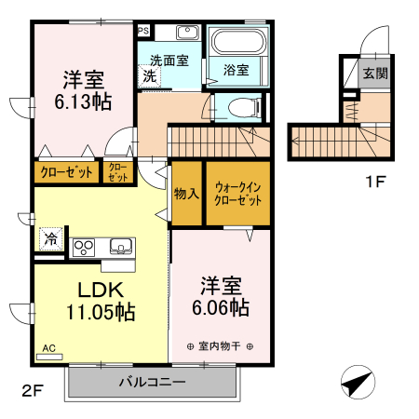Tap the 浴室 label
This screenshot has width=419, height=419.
coord(237,70)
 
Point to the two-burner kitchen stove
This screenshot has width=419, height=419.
coord(85,247)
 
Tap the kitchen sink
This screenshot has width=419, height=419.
coord(119,247)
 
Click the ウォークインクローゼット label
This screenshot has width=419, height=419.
coord(237,194)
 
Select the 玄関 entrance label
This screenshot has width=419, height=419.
coord(375,73)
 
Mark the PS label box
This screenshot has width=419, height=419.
coord(142,30)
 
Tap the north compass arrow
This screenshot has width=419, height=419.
coord(358,383)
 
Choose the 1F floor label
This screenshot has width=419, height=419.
coord(373,182)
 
